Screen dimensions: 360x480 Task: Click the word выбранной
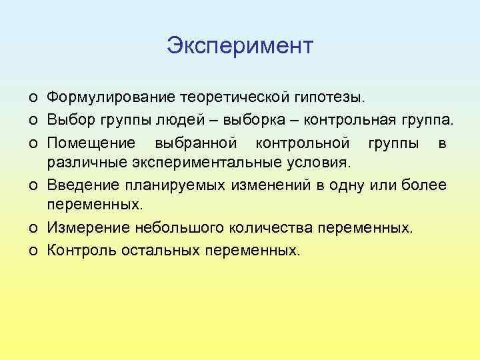click(x=196, y=142)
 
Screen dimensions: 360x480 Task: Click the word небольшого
click(x=178, y=228)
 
